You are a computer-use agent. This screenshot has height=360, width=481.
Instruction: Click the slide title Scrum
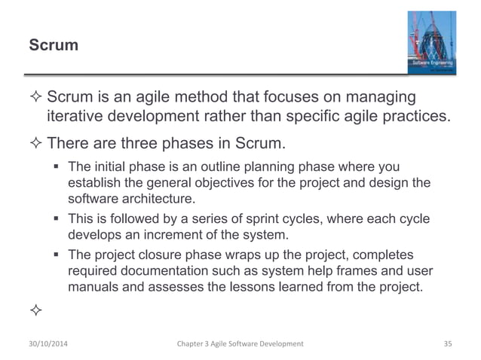54,45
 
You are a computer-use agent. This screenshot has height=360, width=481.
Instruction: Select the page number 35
449,343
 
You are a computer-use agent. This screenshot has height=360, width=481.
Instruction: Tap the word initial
112,166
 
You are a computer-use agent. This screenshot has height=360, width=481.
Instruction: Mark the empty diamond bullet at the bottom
35,310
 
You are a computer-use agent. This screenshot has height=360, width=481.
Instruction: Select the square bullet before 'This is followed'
57,219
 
